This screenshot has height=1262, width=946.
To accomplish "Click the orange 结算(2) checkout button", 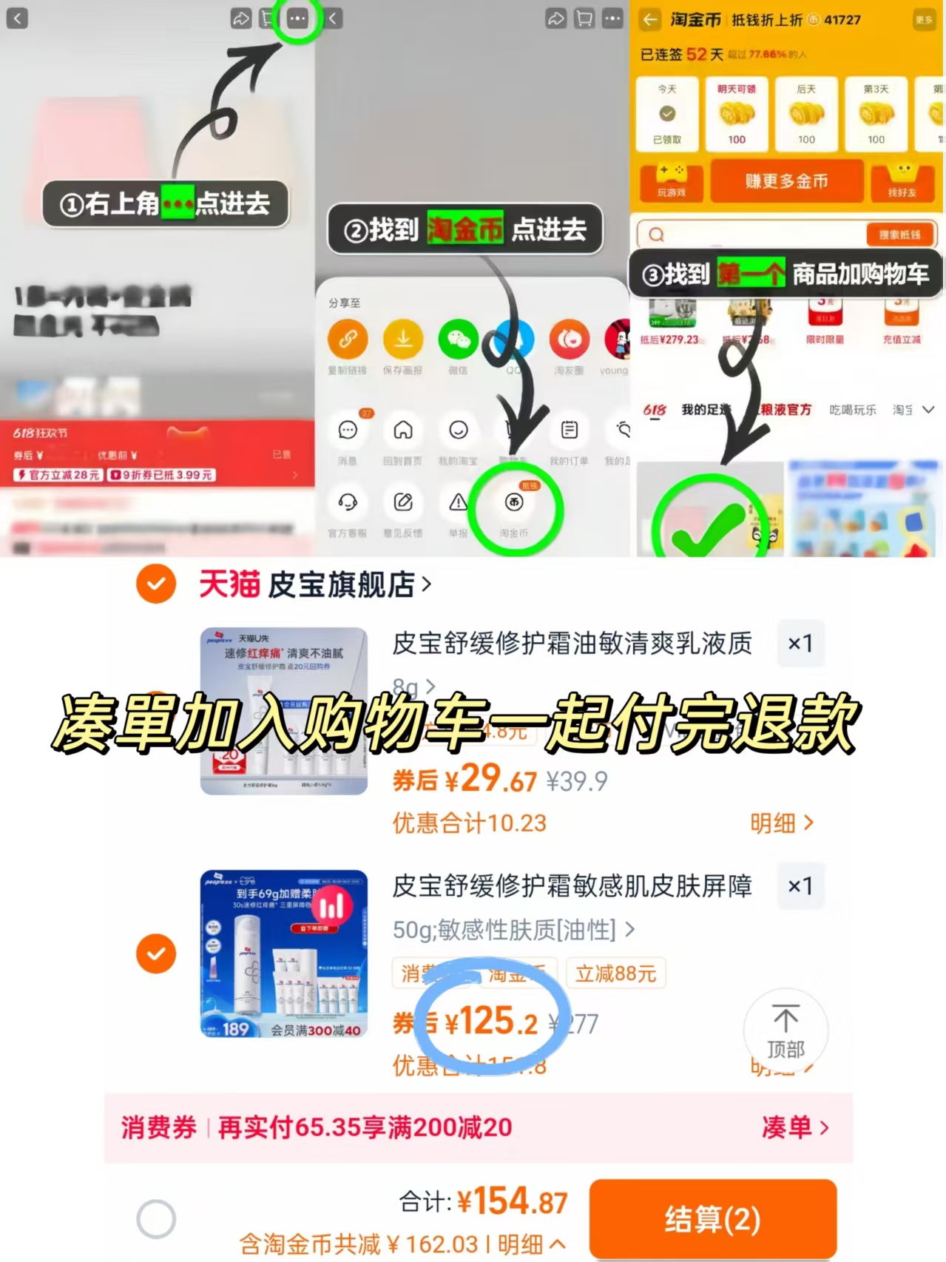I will coord(712,1218).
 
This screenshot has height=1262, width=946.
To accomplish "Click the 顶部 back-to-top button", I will coord(785,1030).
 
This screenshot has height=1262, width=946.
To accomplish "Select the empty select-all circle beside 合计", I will coord(156,1218).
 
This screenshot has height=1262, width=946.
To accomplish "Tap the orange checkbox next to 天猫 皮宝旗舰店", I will coord(156,584).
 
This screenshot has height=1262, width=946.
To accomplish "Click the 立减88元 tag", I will coord(615,974).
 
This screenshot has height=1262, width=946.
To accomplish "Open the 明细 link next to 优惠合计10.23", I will coord(781,823).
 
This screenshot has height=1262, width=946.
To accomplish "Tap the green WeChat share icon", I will coord(459,340).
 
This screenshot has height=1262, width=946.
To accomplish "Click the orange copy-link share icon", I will coord(348,340).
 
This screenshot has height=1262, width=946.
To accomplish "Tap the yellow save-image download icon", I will coord(403,340).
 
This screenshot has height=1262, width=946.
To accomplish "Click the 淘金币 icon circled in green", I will coord(514,504).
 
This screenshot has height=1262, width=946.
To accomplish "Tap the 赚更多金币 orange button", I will coord(786,181).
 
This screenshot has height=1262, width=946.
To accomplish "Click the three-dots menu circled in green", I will coord(297,18).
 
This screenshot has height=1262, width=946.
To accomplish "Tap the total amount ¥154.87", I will coord(512,1201).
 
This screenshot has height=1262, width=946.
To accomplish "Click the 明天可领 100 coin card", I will coord(737,113).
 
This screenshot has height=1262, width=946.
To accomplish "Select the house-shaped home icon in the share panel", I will coord(403,431).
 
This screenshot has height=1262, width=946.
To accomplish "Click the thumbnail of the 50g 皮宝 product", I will coord(284,954).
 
